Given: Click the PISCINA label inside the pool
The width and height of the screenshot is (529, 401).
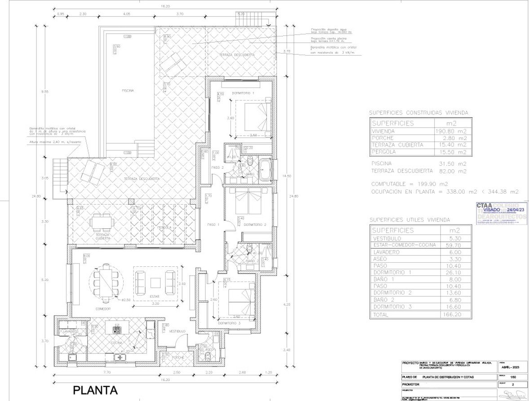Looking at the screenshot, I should [x=128, y=90].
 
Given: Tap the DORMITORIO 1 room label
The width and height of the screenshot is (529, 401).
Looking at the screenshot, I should [x=243, y=93].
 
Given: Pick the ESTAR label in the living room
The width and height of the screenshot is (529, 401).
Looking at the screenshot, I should [x=154, y=297].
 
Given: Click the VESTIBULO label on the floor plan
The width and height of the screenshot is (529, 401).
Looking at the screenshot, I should [x=177, y=331].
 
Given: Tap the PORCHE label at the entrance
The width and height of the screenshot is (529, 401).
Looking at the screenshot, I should [x=178, y=357].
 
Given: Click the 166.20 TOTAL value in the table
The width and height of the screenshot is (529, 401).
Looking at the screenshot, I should [x=456, y=315].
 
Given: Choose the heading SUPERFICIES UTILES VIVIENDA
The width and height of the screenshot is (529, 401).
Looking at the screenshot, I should [x=409, y=220].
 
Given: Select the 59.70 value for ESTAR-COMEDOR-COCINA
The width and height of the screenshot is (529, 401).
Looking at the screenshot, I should [x=456, y=245].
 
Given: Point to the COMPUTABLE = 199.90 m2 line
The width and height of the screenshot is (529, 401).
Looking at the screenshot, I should [x=409, y=184].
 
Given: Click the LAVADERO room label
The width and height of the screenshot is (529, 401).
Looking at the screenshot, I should [x=71, y=331].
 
